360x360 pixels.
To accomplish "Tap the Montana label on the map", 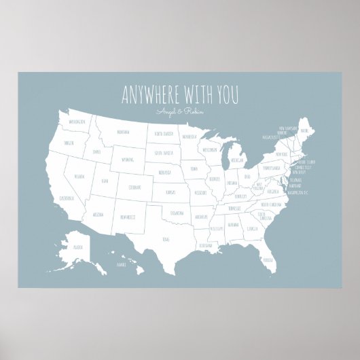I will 123,132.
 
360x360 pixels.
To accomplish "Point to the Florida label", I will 269,259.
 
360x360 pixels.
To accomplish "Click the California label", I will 66,198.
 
